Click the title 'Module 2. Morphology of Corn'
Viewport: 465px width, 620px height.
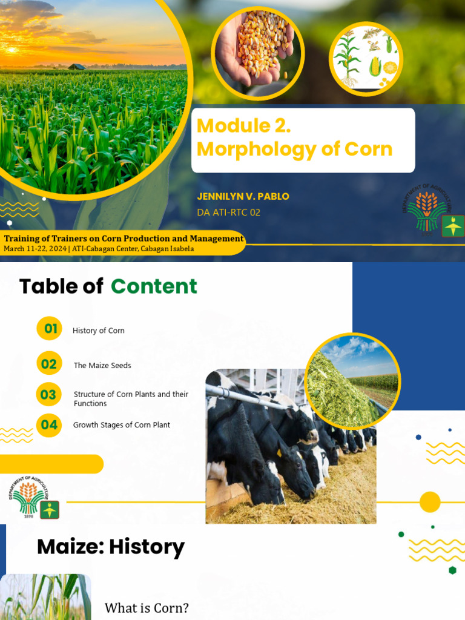click(x=295, y=137)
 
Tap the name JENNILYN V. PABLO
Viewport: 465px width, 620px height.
click(x=243, y=196)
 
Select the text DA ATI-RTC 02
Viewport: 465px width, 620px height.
click(x=229, y=213)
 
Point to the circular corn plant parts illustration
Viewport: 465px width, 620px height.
click(x=366, y=59)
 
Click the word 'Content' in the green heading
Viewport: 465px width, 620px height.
click(x=154, y=286)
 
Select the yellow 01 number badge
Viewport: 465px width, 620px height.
click(x=50, y=329)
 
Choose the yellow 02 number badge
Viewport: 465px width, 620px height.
click(x=49, y=364)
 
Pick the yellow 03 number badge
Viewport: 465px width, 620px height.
click(x=48, y=395)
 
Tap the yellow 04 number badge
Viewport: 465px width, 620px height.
click(x=48, y=425)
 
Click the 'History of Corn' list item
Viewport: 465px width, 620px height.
click(x=99, y=331)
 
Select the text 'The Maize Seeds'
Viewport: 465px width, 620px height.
click(x=102, y=366)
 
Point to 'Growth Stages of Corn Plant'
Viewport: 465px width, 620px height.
click(x=122, y=425)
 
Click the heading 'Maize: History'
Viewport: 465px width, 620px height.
click(x=111, y=547)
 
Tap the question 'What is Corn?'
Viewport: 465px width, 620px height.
click(x=147, y=608)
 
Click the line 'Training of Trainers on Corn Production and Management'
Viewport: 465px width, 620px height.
click(x=124, y=239)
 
